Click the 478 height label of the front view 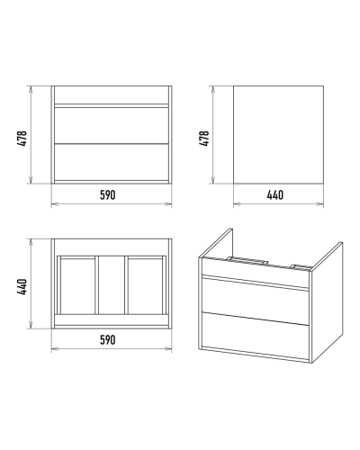pyautogui.click(x=22, y=139)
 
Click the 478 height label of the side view pyautogui.click(x=203, y=139)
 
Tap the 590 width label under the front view pyautogui.click(x=108, y=195)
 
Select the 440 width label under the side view pyautogui.click(x=275, y=195)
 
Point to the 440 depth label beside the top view pyautogui.click(x=22, y=287)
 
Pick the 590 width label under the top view pyautogui.click(x=108, y=340)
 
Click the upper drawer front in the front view pyautogui.click(x=112, y=126)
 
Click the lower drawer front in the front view pyautogui.click(x=112, y=162)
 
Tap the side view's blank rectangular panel pyautogui.click(x=278, y=135)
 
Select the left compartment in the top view pyautogui.click(x=77, y=285)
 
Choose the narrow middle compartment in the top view pyautogui.click(x=112, y=285)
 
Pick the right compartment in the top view pyautogui.click(x=146, y=285)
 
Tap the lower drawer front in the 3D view pyautogui.click(x=256, y=336)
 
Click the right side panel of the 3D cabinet pyautogui.click(x=327, y=302)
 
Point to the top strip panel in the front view pyautogui.click(x=112, y=95)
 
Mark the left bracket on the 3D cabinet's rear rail pyautogui.click(x=247, y=260)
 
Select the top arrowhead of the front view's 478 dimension pyautogui.click(x=31, y=89)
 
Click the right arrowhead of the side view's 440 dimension pyautogui.click(x=320, y=204)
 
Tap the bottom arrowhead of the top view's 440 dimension pyautogui.click(x=31, y=326)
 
